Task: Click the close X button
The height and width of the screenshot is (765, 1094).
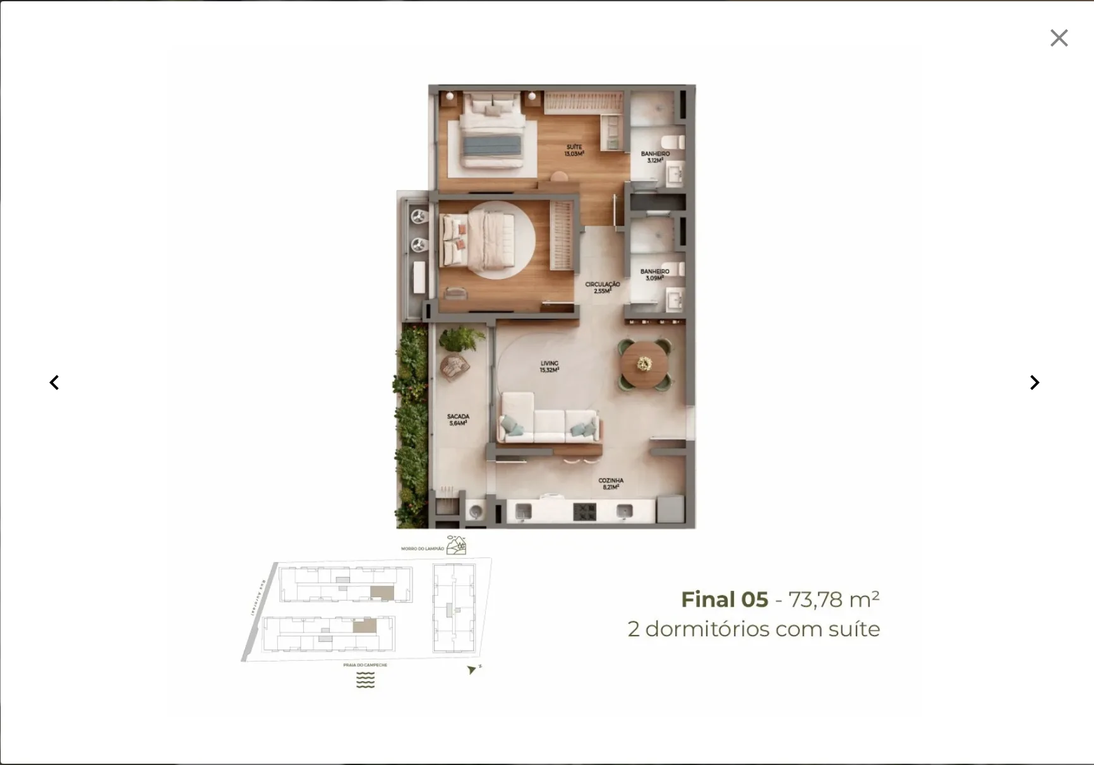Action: pos(1059,38)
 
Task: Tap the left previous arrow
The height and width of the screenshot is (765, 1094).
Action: pos(54,382)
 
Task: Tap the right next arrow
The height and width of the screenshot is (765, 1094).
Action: pos(1034,382)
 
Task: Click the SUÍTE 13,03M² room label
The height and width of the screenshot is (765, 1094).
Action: pos(574,150)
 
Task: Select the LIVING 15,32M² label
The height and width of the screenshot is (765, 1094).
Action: pos(549,367)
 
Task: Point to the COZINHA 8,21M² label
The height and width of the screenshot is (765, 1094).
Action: pos(611,483)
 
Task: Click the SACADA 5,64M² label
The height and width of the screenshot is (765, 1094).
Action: pos(458,420)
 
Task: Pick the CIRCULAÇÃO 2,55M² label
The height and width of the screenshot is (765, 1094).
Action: pos(602,287)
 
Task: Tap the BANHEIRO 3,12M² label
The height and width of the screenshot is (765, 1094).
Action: pos(655,157)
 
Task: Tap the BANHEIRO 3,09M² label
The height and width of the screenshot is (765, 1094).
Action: pos(654,275)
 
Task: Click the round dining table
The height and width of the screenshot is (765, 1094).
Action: pos(644,364)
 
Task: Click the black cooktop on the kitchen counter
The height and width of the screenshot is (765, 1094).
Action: pos(584,511)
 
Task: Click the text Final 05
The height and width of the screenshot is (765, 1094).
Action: pos(724,600)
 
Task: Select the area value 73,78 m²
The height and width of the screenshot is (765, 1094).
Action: pos(834,599)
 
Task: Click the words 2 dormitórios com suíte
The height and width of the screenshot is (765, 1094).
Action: pos(754,629)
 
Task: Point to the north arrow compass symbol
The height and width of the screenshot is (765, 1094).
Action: pos(472,670)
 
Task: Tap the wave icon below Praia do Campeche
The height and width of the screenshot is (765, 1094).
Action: pos(365,680)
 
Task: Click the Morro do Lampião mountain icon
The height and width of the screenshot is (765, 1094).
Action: pos(456,545)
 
